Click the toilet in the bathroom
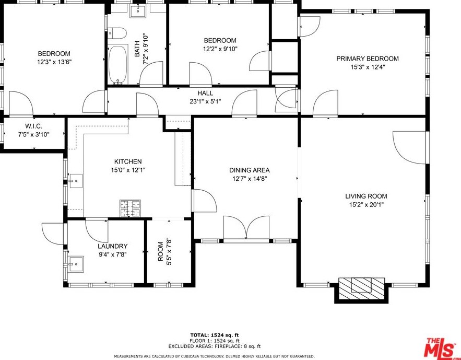117,33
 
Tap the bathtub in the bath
118,64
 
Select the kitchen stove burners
130,208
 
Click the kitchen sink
76,181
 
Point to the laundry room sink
76,264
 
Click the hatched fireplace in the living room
362,288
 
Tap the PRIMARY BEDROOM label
368,59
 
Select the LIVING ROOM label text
366,196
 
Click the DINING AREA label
250,170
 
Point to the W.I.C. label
33,126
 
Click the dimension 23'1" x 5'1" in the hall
205,102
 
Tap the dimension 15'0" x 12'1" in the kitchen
128,170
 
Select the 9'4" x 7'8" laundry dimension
113,254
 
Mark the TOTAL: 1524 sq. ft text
215,335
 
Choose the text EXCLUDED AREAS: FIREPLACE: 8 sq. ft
215,346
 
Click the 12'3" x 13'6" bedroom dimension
54,62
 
